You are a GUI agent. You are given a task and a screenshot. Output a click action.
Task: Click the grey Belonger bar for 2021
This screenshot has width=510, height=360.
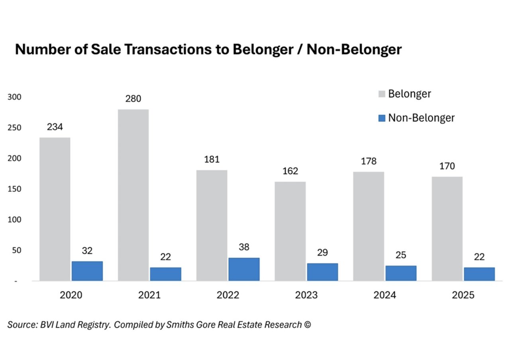click(x=133, y=195)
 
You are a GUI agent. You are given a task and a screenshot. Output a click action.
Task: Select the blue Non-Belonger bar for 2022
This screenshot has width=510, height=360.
click(x=244, y=269)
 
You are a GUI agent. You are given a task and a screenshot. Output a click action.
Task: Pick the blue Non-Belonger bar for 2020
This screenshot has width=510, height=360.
click(x=87, y=271)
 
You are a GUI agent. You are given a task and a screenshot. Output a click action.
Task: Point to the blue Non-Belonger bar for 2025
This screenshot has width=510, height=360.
click(x=479, y=274)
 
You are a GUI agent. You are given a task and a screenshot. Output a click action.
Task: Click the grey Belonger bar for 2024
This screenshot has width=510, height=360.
click(x=369, y=226)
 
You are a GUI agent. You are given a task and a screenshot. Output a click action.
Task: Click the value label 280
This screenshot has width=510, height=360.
click(x=133, y=99)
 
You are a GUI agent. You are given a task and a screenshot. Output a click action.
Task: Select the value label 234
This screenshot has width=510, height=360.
click(x=55, y=127)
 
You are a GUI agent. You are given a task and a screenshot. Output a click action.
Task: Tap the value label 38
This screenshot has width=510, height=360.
click(x=244, y=247)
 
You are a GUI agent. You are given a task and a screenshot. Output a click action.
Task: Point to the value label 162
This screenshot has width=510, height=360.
click(x=290, y=171)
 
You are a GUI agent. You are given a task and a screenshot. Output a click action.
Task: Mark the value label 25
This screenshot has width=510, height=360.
click(x=401, y=255)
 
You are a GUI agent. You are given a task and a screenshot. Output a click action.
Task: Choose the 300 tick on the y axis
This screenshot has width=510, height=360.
click(x=14, y=97)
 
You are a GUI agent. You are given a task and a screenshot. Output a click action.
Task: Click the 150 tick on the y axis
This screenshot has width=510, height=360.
click(x=14, y=189)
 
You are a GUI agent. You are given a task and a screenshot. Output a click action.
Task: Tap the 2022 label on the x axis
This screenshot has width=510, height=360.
click(x=228, y=295)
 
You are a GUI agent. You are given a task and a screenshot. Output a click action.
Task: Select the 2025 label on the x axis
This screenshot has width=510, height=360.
click(x=463, y=295)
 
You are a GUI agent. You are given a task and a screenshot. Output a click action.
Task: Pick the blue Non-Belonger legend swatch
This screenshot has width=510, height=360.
click(x=381, y=118)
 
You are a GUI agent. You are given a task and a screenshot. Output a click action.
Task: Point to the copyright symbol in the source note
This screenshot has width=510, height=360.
click(x=307, y=325)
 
